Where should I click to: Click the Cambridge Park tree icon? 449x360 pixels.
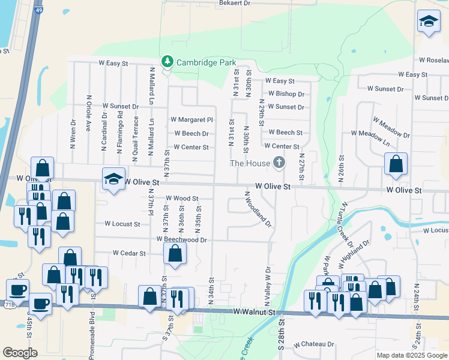click(166, 62)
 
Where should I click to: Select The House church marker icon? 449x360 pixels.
click(279, 163)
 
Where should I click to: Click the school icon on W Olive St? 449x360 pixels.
click(113, 179)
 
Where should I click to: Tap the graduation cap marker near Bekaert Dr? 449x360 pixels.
click(428, 22)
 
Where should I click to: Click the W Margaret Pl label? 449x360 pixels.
click(191, 120)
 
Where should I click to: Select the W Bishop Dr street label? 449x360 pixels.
click(286, 94)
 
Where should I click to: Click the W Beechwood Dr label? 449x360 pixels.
click(182, 239)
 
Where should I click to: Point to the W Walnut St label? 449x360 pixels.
click(254, 312)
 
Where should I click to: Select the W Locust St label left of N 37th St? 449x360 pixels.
click(122, 224)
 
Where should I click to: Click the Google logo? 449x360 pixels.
click(20, 353)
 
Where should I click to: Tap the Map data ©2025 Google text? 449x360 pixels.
click(412, 355)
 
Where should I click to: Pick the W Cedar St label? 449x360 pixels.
click(129, 254)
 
